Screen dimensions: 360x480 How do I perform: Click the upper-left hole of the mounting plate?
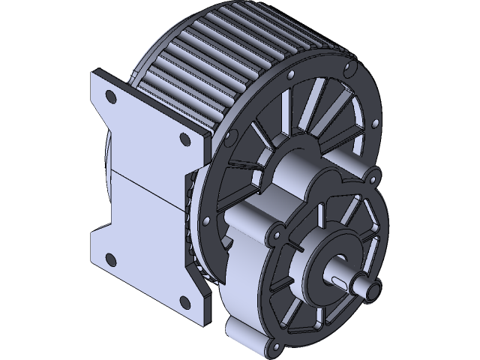pyautogui.click(x=111, y=96)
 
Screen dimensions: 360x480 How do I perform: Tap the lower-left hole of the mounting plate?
pyautogui.click(x=111, y=259)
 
